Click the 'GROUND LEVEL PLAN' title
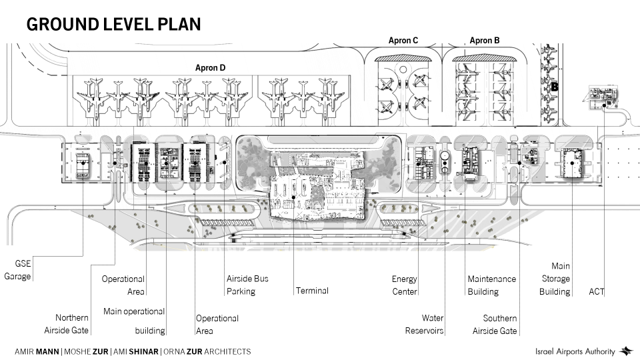(113, 25)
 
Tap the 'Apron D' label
(210, 67)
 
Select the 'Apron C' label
(403, 41)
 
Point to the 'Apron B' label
(485, 41)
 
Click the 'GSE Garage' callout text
(18, 270)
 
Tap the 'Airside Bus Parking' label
(247, 285)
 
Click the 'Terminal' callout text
(312, 291)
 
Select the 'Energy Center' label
(404, 285)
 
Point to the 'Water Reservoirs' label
(425, 325)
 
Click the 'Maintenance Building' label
(491, 285)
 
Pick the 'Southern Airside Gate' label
(495, 325)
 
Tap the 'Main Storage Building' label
(555, 279)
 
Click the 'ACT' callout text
(597, 291)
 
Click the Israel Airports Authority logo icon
(626, 351)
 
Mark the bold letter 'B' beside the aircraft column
(554, 87)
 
